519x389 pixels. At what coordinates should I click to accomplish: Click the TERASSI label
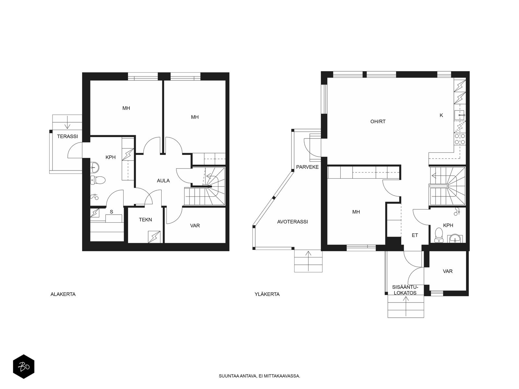67,136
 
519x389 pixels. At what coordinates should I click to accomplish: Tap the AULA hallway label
163,181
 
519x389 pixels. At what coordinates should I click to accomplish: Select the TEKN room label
145,220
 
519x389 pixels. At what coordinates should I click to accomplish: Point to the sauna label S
111,212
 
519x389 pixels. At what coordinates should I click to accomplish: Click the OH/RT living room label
378,121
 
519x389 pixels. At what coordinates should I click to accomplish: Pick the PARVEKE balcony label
308,167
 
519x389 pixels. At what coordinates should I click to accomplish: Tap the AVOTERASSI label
293,222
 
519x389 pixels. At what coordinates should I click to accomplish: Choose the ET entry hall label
415,235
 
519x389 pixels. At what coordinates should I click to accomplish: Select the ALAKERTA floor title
63,294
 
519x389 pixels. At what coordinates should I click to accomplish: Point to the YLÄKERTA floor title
267,294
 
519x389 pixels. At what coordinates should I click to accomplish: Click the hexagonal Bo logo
24,367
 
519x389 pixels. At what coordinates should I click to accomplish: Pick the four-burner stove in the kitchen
460,139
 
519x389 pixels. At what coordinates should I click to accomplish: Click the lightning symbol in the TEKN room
154,237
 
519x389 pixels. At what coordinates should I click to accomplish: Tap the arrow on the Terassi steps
67,122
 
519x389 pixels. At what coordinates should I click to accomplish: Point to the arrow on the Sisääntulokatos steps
406,306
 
